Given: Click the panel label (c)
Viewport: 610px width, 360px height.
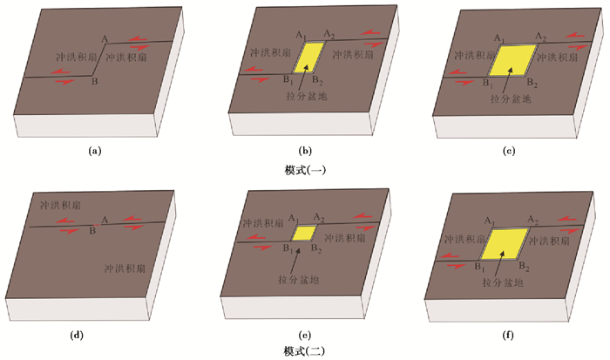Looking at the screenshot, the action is (x=509, y=153).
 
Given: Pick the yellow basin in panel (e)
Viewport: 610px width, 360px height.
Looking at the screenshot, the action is (x=304, y=234).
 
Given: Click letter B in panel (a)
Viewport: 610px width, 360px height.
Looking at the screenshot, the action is (x=95, y=82).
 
